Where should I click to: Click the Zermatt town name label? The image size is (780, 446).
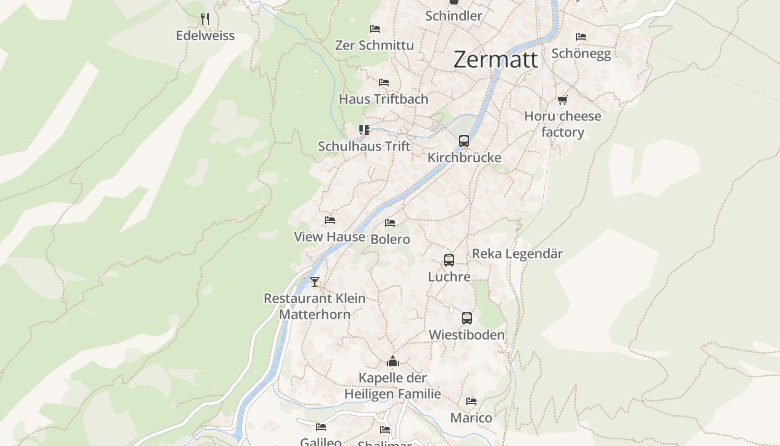tap(495, 59)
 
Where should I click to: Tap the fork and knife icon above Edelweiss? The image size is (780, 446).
tap(205, 19)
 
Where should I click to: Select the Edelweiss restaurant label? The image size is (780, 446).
tap(205, 36)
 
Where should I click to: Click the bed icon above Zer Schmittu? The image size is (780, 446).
tap(375, 28)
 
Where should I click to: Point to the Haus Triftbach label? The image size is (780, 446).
tap(383, 99)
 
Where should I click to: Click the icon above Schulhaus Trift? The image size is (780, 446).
tap(364, 130)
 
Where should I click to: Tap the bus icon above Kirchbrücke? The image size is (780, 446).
tap(464, 141)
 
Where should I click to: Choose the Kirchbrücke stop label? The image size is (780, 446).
tap(464, 158)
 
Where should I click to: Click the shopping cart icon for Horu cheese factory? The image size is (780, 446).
tap(562, 100)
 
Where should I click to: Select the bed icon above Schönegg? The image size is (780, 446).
tap(581, 37)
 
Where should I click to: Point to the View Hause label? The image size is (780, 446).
tap(329, 237)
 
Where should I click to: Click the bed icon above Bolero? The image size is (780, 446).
tap(390, 223)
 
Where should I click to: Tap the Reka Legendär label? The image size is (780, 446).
tap(517, 254)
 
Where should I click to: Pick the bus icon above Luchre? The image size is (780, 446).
tap(449, 260)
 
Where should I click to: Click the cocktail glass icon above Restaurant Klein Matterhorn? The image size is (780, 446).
tap(315, 282)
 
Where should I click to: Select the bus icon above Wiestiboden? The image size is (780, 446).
tap(467, 318)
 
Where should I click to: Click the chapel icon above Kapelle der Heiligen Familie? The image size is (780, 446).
tap(393, 362)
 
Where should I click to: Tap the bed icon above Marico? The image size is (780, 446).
tap(471, 401)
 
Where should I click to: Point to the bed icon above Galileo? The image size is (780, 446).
tap(321, 427)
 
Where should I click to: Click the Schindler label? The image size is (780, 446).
tap(454, 16)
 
